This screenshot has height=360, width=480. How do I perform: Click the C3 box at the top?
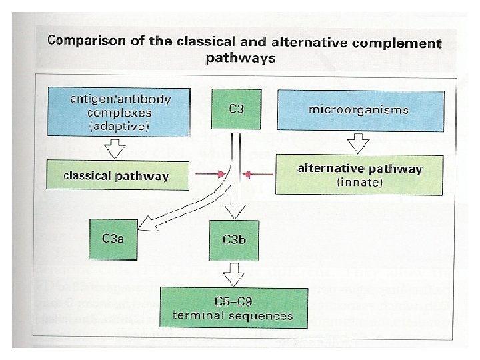point(235,108)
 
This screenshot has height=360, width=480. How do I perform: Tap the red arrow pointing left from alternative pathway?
point(255,175)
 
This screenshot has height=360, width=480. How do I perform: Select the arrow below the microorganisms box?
point(359,142)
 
